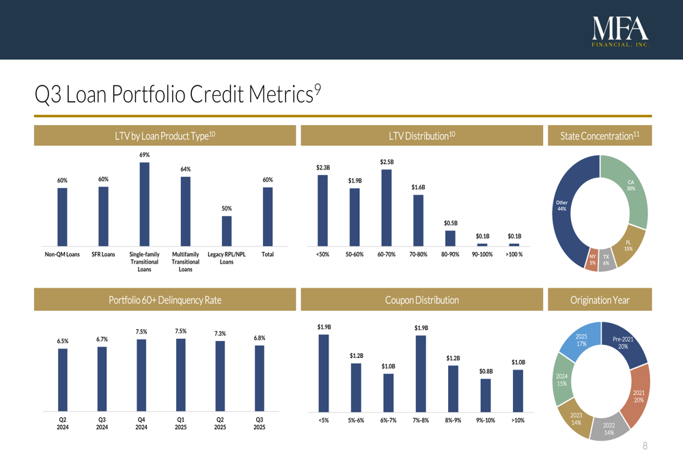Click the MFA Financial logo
(620, 31)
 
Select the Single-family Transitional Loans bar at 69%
(144, 204)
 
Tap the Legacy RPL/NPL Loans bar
(227, 230)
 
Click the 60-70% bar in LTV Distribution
(387, 207)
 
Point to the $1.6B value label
(419, 187)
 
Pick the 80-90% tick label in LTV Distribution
(451, 255)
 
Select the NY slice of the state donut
(592, 260)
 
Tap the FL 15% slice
(630, 245)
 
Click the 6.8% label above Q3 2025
(260, 338)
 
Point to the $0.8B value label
(486, 371)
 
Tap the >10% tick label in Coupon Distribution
(518, 421)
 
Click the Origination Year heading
(599, 300)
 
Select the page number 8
(645, 446)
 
